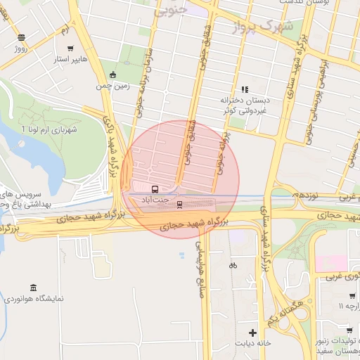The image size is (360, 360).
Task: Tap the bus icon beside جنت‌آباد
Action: pos(155,189)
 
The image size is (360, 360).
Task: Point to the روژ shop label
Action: pos(20,50)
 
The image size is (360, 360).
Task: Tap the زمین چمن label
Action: pos(112,87)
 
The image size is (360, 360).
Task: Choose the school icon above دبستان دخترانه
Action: pos(245,89)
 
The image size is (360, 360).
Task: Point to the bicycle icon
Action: pos(233,265)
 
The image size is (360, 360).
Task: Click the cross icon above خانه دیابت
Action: pos(252,332)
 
